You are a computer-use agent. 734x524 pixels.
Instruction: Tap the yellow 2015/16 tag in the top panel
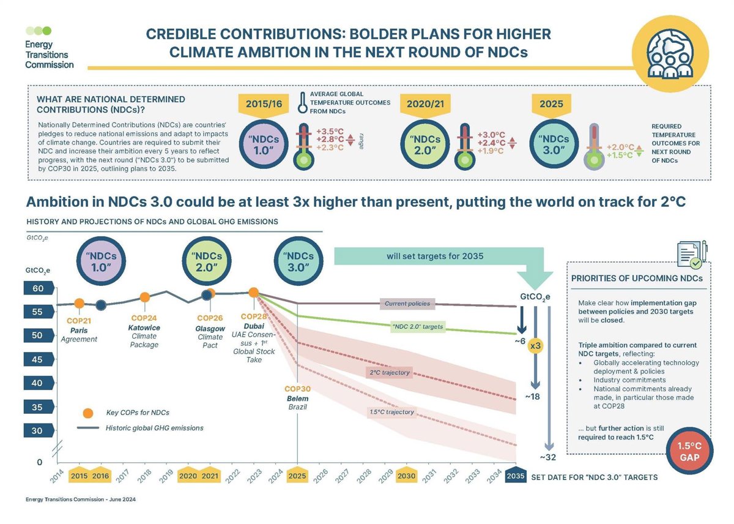pyautogui.click(x=262, y=105)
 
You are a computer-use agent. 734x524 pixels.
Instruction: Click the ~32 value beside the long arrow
pyautogui.click(x=547, y=457)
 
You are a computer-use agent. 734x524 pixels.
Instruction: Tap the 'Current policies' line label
pyautogui.click(x=407, y=304)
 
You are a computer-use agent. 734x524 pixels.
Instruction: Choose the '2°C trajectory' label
pyautogui.click(x=389, y=372)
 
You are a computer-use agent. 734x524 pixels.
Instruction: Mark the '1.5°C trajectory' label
pyautogui.click(x=391, y=412)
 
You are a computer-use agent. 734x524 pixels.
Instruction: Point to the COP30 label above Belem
pyautogui.click(x=297, y=389)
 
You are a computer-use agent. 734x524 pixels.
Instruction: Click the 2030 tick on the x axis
pyautogui.click(x=406, y=476)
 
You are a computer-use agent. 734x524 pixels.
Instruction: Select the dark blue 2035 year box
pyautogui.click(x=516, y=476)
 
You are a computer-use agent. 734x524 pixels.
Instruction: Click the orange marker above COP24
pyautogui.click(x=145, y=298)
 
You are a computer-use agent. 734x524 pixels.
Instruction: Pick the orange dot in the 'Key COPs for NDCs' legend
pyautogui.click(x=89, y=412)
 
